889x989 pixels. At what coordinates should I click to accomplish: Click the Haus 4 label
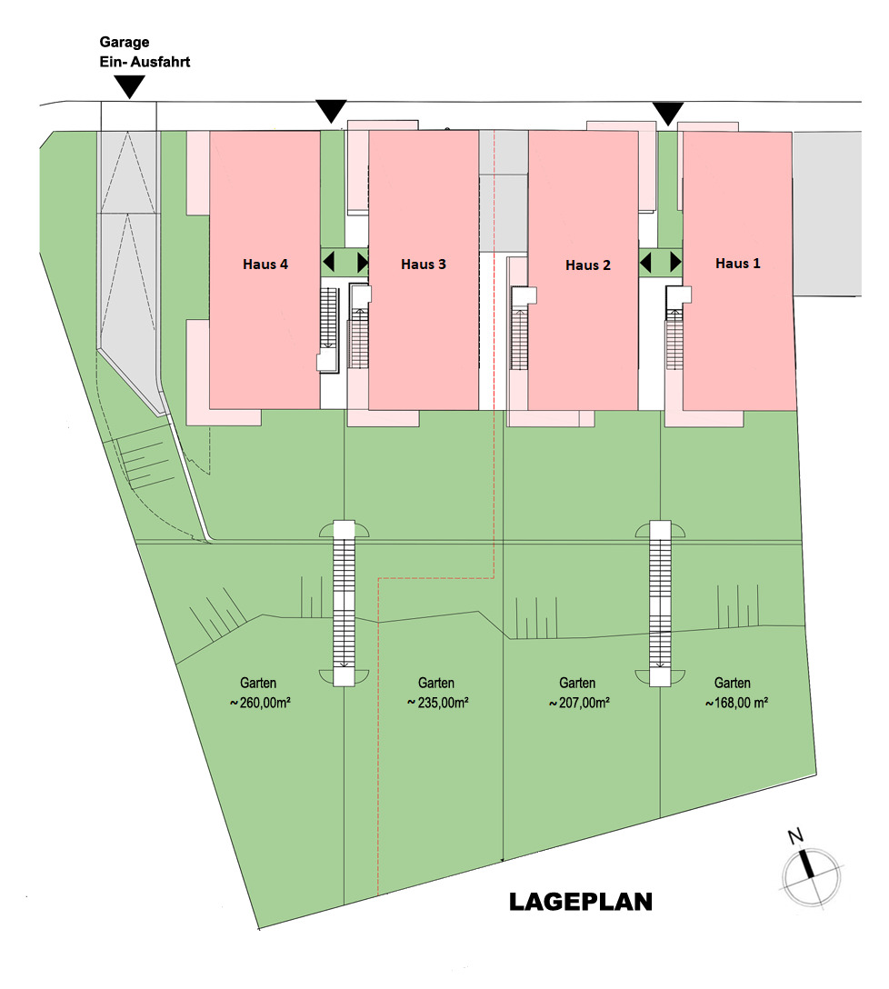(x=265, y=265)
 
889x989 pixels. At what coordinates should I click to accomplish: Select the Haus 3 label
(x=424, y=265)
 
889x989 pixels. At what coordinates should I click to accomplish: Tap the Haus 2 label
(x=588, y=265)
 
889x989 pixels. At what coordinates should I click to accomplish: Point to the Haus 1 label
(x=738, y=264)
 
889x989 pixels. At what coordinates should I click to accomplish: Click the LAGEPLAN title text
(x=580, y=903)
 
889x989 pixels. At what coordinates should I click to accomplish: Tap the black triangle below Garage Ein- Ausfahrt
(x=131, y=86)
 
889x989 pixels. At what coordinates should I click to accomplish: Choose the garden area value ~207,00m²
(x=578, y=703)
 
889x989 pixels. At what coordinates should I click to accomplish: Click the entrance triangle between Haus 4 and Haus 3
(x=331, y=111)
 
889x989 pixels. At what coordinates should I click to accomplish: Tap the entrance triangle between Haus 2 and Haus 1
(x=669, y=114)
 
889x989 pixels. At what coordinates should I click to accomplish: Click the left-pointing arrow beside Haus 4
(x=329, y=263)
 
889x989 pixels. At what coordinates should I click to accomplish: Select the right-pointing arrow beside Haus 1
(x=675, y=263)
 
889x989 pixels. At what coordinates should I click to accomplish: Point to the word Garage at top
(x=124, y=42)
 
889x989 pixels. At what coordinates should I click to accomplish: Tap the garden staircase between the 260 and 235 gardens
(x=344, y=603)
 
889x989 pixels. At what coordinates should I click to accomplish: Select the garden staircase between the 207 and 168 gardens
(x=660, y=603)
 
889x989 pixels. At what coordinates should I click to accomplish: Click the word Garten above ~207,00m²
(x=577, y=683)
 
